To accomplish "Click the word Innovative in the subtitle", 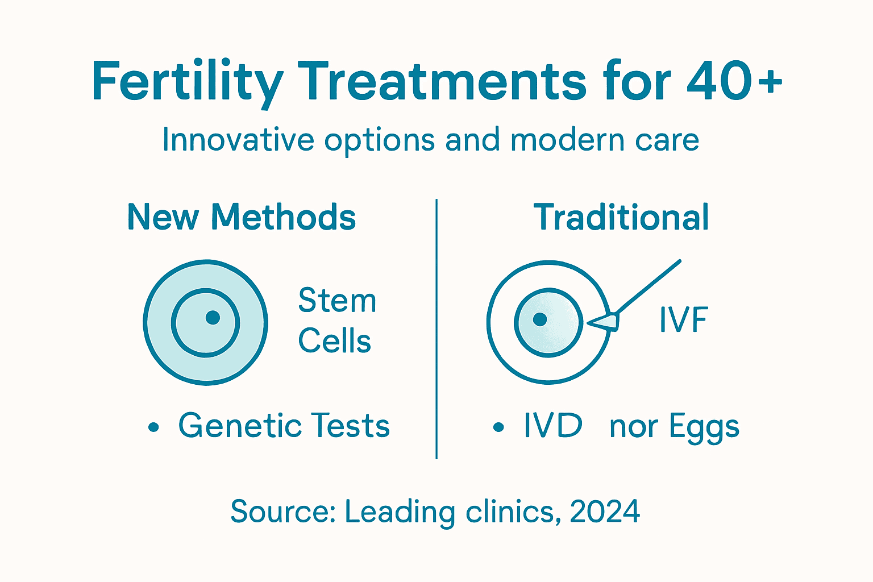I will [238, 140].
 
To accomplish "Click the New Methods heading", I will [242, 217].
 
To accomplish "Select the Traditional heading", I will [621, 217].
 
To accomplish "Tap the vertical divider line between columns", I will [436, 330].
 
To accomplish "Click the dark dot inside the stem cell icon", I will [213, 317].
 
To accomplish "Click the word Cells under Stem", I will [335, 341].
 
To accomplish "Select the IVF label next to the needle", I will [683, 320].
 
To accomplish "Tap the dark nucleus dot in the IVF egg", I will [540, 319].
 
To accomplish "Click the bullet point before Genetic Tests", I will [153, 427].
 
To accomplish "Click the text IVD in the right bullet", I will [553, 425].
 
